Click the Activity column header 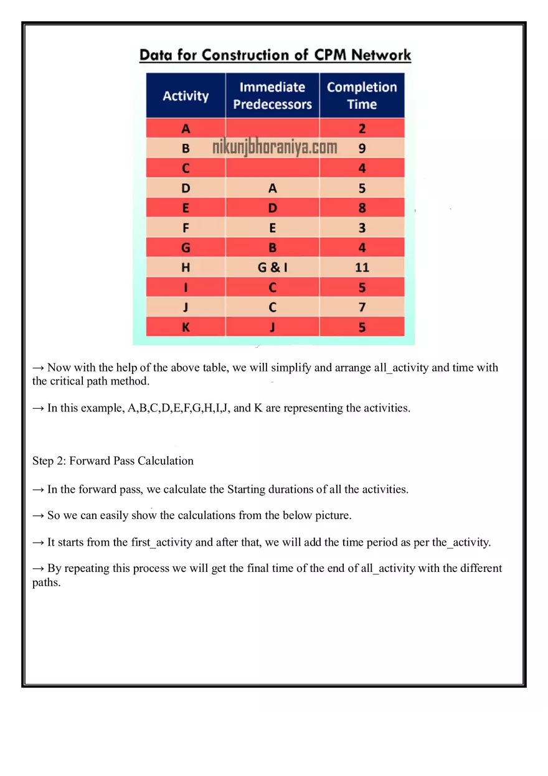[x=186, y=96]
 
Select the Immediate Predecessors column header [x=272, y=96]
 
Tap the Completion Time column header [x=362, y=96]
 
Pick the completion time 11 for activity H [x=362, y=268]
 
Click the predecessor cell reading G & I [x=272, y=268]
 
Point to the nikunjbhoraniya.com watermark [x=275, y=148]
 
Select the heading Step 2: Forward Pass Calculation [x=113, y=461]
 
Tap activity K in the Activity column [x=186, y=327]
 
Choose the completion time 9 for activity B [x=362, y=149]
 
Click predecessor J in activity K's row [x=272, y=327]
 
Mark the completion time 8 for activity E [x=362, y=208]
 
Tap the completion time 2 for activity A [x=362, y=129]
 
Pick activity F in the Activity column [x=186, y=228]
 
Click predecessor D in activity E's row [x=272, y=208]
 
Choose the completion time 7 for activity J [x=362, y=307]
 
